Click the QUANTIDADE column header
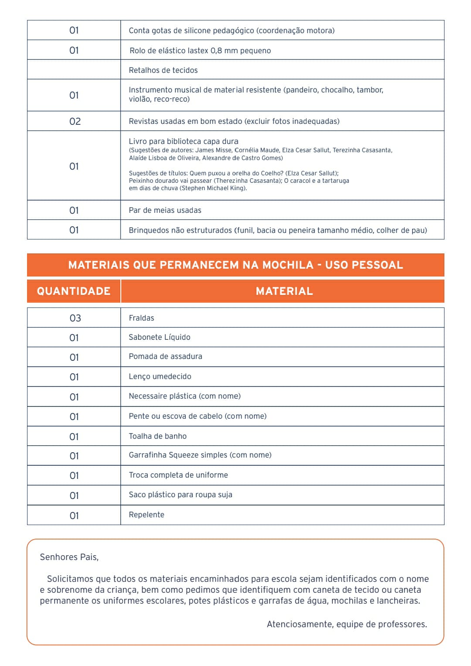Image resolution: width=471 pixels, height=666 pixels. click(73, 291)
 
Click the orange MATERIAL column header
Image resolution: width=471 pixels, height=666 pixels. click(284, 291)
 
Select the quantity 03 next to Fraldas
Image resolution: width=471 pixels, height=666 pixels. click(75, 318)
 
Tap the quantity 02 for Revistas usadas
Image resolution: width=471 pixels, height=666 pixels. click(75, 121)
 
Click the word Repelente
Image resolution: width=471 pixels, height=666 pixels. click(147, 515)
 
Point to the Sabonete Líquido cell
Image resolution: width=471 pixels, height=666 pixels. click(160, 337)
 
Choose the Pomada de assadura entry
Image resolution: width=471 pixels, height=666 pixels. click(165, 356)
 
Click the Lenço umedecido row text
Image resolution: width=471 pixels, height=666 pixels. click(160, 376)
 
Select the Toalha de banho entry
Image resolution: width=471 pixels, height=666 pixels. click(157, 436)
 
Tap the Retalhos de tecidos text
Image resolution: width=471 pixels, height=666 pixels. click(163, 70)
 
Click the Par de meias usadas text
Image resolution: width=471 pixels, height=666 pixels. click(165, 210)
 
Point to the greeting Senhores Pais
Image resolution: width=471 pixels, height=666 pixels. click(69, 557)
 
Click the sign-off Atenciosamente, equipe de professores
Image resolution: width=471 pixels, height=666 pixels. click(347, 624)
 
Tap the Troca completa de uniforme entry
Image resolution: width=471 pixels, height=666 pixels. click(178, 475)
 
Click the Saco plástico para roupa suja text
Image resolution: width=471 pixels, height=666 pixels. click(180, 495)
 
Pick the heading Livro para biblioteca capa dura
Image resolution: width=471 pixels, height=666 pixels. click(184, 141)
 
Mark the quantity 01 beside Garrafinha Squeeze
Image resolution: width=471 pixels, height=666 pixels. click(74, 456)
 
